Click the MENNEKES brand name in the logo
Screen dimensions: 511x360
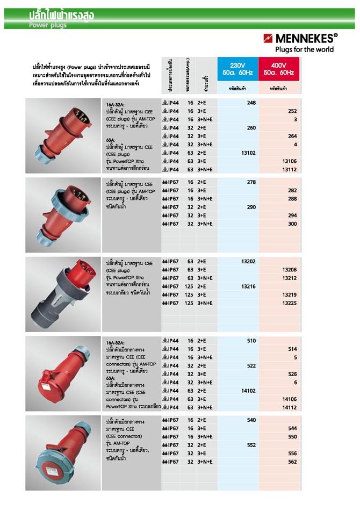304,39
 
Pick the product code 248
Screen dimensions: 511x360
251,103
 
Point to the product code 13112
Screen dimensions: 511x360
289,170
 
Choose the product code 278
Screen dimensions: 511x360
251,182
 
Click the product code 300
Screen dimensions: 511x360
292,224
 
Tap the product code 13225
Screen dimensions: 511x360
289,303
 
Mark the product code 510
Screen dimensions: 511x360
251,341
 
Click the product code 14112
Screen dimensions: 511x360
289,408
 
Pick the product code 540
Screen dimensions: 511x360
251,420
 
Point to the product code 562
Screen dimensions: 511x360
292,462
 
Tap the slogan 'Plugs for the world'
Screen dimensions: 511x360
305,49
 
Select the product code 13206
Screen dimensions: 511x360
289,270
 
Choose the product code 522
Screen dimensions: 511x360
251,366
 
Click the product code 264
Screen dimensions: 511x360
292,136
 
